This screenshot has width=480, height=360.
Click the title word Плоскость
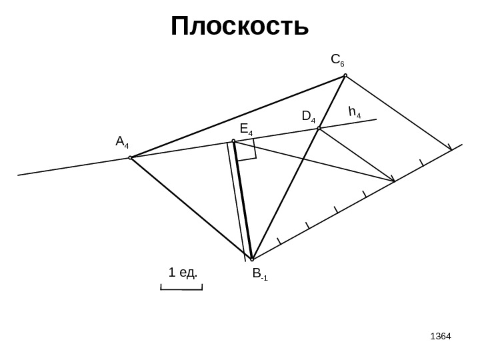pyautogui.click(x=240, y=27)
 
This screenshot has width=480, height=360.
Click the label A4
pyautogui.click(x=123, y=142)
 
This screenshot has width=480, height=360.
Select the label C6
pyautogui.click(x=337, y=60)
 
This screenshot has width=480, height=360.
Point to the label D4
pyautogui.click(x=309, y=117)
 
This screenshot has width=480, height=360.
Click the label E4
pyautogui.click(x=246, y=129)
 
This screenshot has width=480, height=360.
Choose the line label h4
pyautogui.click(x=355, y=111)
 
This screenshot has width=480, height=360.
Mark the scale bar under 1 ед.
pyautogui.click(x=181, y=289)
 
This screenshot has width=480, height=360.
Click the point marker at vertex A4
pyautogui.click(x=130, y=158)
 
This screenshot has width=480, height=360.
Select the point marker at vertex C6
pyautogui.click(x=345, y=75)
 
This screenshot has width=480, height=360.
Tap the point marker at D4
pyautogui.click(x=319, y=128)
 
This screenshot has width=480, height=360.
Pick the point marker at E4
pyautogui.click(x=233, y=141)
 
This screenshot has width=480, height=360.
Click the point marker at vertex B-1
pyautogui.click(x=252, y=259)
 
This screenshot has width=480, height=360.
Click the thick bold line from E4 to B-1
pyautogui.click(x=243, y=200)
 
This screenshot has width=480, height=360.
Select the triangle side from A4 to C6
pyautogui.click(x=237, y=117)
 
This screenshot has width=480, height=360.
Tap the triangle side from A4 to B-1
pyautogui.click(x=191, y=209)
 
